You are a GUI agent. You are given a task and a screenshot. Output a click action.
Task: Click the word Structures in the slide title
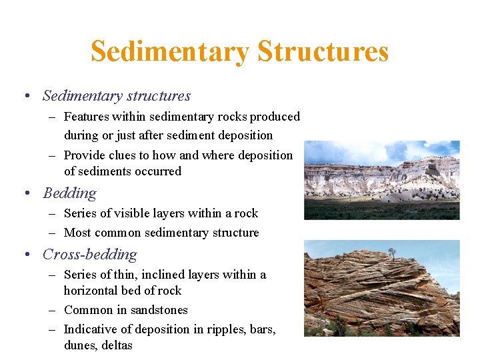[x=323, y=51]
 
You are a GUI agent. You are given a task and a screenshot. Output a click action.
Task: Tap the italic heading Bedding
[x=69, y=193]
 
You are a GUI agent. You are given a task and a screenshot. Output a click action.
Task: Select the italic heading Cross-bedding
[x=90, y=255]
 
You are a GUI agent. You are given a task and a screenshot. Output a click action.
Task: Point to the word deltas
[x=116, y=345]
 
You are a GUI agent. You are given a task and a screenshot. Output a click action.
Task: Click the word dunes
[x=79, y=345]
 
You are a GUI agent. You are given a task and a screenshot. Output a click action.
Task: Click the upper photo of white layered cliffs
[x=381, y=180]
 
